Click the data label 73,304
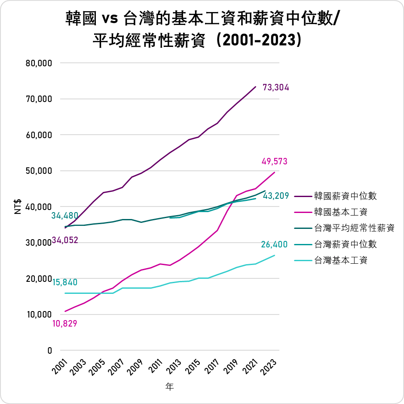(275, 88)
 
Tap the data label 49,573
(274, 162)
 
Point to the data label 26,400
(274, 245)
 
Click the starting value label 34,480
(65, 216)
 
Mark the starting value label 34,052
(65, 240)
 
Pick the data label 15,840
(65, 283)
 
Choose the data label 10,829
(65, 324)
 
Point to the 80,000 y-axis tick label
(39, 63)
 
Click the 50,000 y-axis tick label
(39, 171)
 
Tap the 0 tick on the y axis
(49, 351)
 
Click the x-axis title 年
(170, 387)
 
